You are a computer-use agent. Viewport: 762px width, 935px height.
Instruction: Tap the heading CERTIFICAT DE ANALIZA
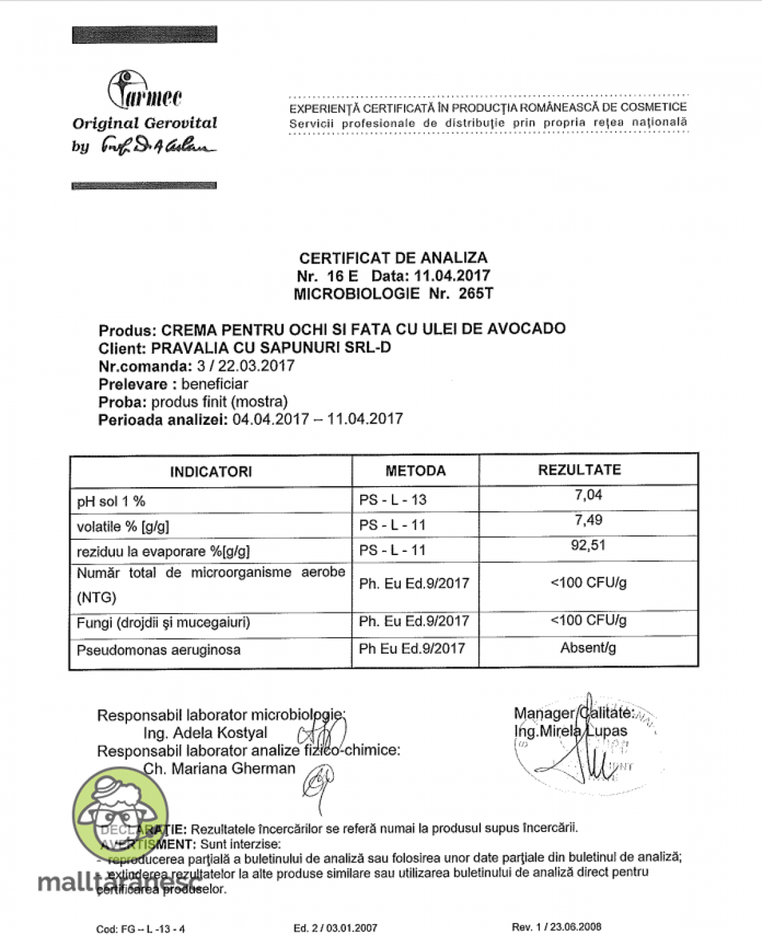393,258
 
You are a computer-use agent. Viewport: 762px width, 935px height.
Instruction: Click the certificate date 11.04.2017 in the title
452,276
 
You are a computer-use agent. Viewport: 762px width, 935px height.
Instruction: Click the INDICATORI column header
211,472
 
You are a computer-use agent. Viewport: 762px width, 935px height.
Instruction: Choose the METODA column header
415,471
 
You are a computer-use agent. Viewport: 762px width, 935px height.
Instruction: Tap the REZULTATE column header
579,470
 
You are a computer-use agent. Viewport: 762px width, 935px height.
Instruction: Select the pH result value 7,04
588,495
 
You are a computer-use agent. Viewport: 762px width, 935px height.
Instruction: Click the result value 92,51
588,545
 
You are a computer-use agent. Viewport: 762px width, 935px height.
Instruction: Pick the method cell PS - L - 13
392,500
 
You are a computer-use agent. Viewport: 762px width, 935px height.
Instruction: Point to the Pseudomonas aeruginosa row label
159,650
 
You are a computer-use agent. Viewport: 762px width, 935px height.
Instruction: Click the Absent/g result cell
588,648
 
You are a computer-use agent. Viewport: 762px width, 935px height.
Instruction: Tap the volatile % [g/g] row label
123,526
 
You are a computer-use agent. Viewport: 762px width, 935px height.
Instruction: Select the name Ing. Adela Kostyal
205,733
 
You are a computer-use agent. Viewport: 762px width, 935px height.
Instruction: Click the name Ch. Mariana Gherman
219,769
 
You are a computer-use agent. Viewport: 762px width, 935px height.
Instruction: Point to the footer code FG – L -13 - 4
140,929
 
